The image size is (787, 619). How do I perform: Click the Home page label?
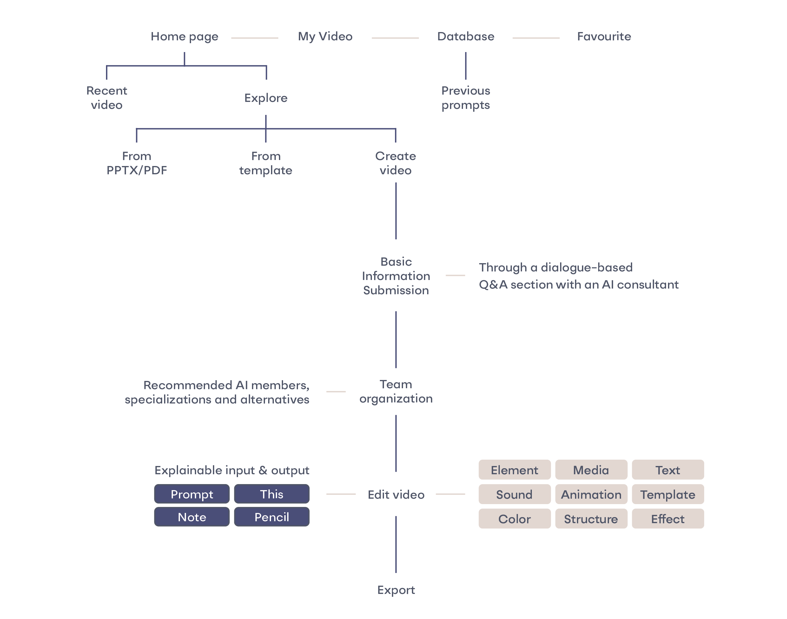pyautogui.click(x=184, y=37)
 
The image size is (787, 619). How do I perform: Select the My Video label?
pyautogui.click(x=325, y=37)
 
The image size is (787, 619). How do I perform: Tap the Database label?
pyautogui.click(x=466, y=37)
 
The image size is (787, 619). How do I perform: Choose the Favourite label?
pyautogui.click(x=604, y=37)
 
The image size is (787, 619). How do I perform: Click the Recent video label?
pyautogui.click(x=107, y=98)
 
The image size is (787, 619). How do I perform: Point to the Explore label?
pyautogui.click(x=266, y=98)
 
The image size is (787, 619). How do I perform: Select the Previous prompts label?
pyautogui.click(x=466, y=98)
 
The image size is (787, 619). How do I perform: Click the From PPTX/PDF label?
pyautogui.click(x=136, y=163)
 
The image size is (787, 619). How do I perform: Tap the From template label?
pyautogui.click(x=266, y=163)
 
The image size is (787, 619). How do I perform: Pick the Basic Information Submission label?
pyautogui.click(x=396, y=276)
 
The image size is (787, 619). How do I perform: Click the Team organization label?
pyautogui.click(x=396, y=391)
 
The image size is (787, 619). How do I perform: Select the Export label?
pyautogui.click(x=396, y=590)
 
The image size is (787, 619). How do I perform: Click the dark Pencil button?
pyautogui.click(x=271, y=517)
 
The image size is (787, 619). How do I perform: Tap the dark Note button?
pyautogui.click(x=192, y=517)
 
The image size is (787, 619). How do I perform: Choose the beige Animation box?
pyautogui.click(x=591, y=494)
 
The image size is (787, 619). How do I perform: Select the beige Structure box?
pyautogui.click(x=591, y=519)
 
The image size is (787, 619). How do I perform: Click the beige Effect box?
pyautogui.click(x=667, y=519)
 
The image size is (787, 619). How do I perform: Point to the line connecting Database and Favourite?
pyautogui.click(x=536, y=38)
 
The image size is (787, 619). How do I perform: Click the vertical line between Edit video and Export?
pyautogui.click(x=396, y=544)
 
